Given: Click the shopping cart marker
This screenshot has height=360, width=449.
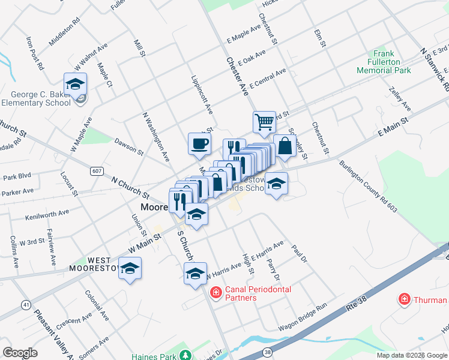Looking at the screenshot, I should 264,122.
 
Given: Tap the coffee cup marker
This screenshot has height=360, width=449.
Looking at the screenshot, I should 199,143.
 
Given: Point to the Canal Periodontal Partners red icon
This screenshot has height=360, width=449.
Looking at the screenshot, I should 215,293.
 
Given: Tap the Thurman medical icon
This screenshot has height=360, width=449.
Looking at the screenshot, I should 405,299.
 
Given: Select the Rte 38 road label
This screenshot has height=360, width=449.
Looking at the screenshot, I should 355,307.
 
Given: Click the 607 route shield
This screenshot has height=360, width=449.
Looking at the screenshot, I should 97,171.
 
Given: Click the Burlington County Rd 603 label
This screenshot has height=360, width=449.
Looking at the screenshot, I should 368,186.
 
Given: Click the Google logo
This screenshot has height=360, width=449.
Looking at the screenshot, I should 20,352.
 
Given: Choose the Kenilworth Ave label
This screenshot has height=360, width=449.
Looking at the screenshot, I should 47,212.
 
